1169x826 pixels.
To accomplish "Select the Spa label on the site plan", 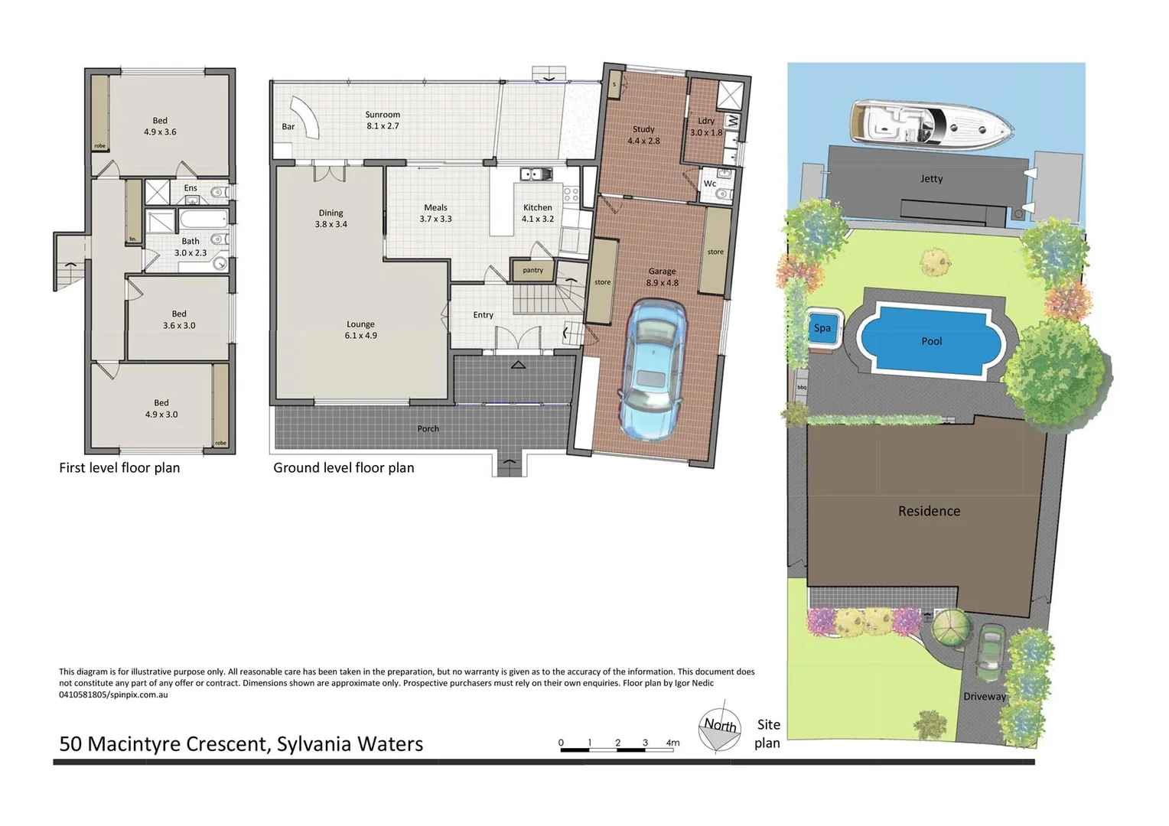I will (x=822, y=328).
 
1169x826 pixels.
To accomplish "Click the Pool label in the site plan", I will (x=931, y=341).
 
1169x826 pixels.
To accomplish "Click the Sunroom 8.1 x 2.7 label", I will (x=383, y=120).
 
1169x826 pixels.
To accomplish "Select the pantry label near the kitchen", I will (x=532, y=270).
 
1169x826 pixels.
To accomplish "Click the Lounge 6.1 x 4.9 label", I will (x=360, y=330).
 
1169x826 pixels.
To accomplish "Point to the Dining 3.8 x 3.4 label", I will (x=331, y=219).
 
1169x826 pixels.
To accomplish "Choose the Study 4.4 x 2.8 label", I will (x=643, y=135).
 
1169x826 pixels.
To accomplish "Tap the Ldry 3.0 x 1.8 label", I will (x=705, y=126).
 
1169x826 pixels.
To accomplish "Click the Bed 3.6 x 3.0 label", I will (x=179, y=320).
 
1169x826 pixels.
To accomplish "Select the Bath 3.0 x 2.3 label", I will (x=190, y=246).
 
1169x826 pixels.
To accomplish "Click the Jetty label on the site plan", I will (x=931, y=178).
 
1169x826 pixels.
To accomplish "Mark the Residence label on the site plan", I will (x=929, y=511).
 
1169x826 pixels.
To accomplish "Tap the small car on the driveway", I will (x=992, y=648).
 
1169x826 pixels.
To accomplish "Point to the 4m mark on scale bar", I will (x=672, y=743).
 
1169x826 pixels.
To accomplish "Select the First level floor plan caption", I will (x=119, y=468).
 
